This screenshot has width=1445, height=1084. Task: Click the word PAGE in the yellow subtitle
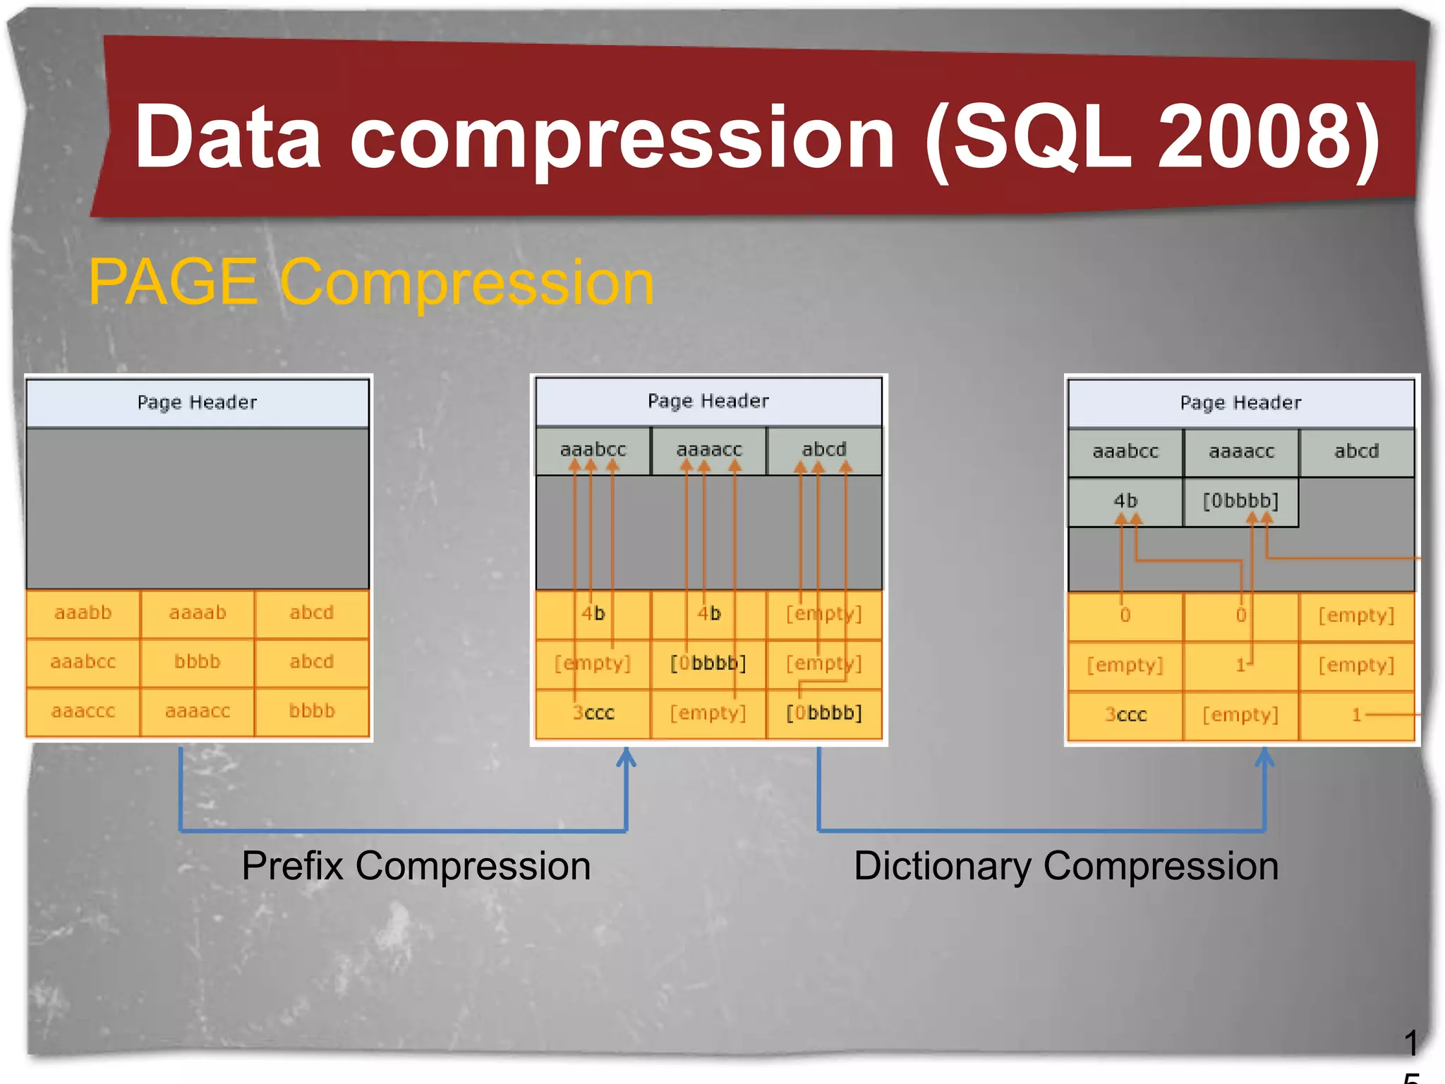point(173,282)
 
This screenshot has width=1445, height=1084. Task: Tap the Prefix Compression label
point(416,866)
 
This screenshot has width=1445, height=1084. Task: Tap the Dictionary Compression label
point(1065,866)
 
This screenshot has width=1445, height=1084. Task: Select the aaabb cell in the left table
point(83,613)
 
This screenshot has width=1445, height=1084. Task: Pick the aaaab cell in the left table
point(198,613)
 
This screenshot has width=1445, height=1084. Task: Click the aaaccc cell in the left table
point(83,711)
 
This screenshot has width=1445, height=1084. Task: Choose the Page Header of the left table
point(197,402)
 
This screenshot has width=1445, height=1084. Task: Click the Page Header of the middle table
point(708,401)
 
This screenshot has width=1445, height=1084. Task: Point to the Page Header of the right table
point(1240,402)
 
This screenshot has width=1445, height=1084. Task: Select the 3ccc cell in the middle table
point(593,713)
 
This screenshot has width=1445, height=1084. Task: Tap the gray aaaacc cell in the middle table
point(708,450)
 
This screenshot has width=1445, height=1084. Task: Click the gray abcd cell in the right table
point(1356,451)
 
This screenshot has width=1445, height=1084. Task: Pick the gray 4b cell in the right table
point(1125,501)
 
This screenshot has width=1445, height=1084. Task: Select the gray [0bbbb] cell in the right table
point(1240,501)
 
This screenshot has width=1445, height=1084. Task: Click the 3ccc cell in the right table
point(1125,715)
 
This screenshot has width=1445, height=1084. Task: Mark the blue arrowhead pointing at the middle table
point(626,757)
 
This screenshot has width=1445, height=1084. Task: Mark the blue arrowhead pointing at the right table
point(1264,757)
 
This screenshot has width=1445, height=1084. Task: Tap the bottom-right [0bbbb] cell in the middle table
point(823,713)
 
